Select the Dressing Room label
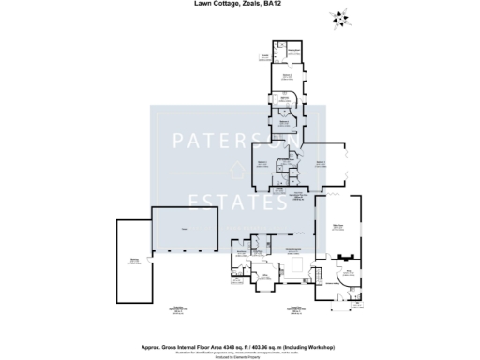(x=284, y=97)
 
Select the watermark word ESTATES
(x=239, y=200)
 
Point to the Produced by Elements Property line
(x=240, y=357)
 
